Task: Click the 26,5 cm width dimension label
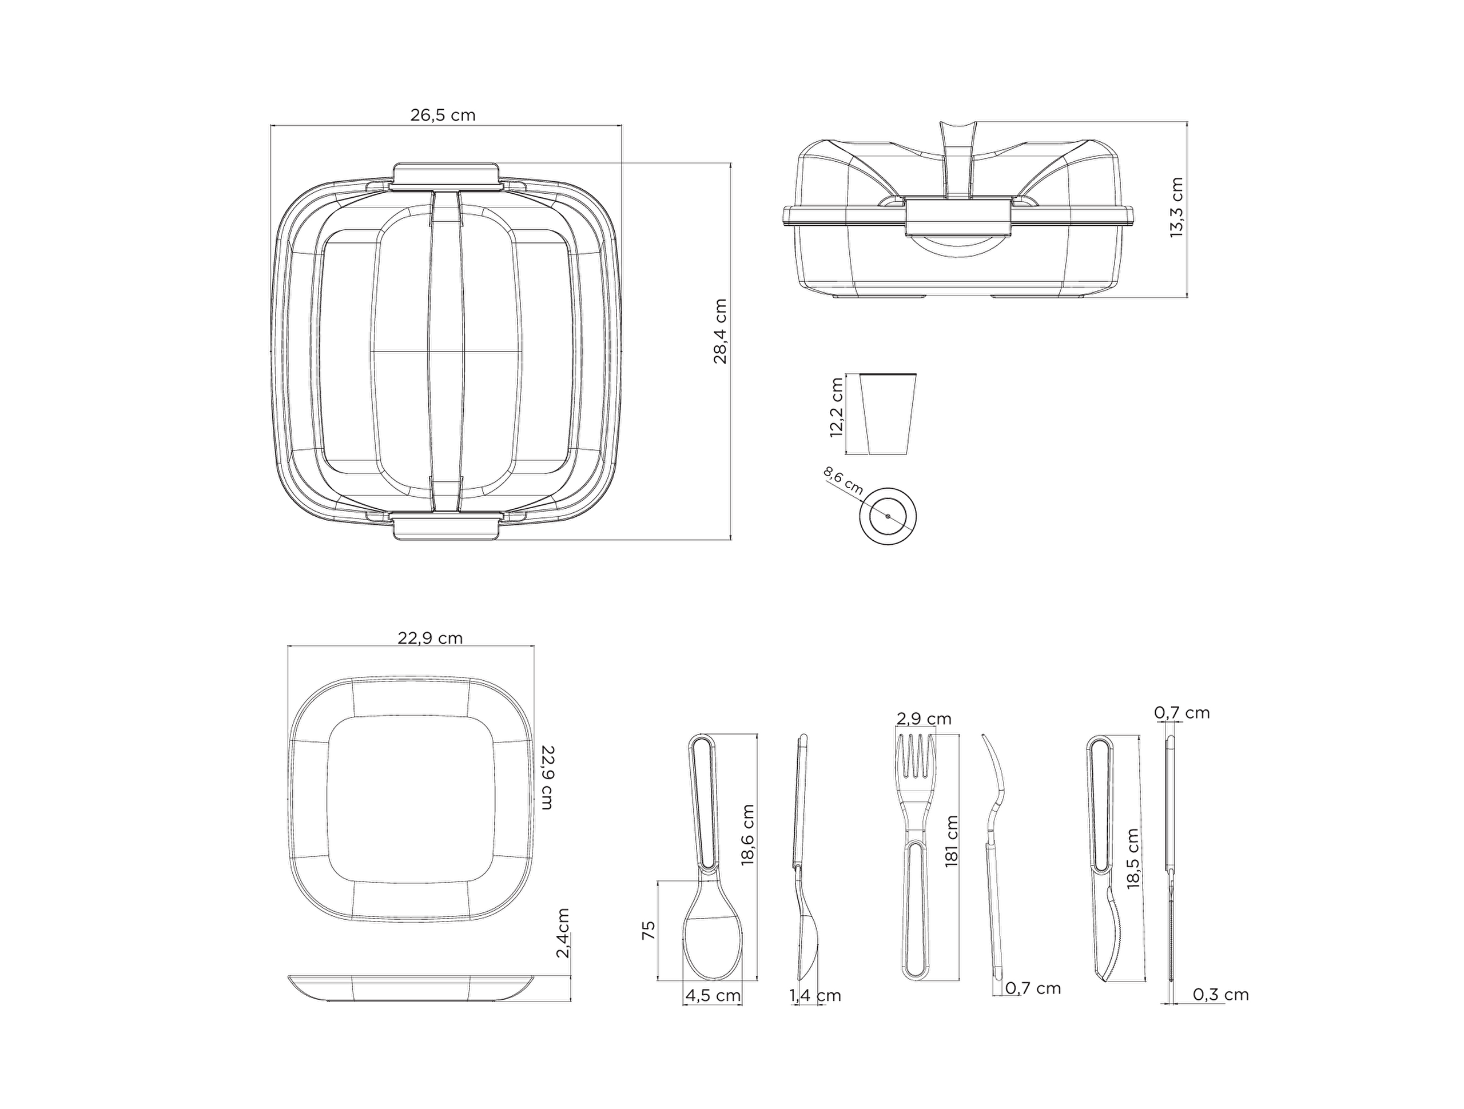pyautogui.click(x=443, y=115)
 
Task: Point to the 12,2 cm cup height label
pyautogui.click(x=836, y=407)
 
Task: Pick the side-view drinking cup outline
pyautogui.click(x=888, y=413)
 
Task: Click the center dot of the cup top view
pyautogui.click(x=888, y=516)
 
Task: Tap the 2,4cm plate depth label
pyautogui.click(x=563, y=933)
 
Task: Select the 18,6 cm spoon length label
pyautogui.click(x=748, y=835)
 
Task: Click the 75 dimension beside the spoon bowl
pyautogui.click(x=649, y=930)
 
